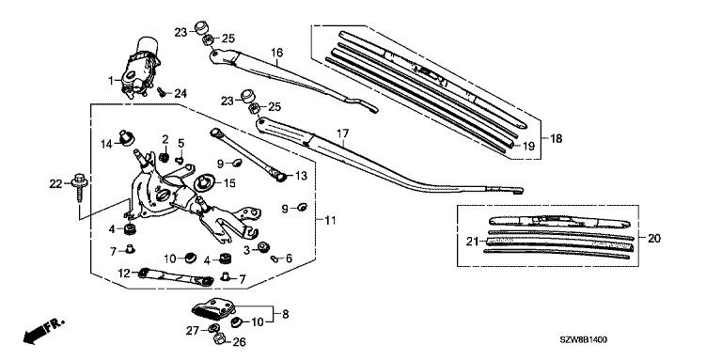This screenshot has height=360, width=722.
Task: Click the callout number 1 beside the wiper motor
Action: [x=111, y=81]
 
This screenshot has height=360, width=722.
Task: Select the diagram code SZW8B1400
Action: [x=583, y=339]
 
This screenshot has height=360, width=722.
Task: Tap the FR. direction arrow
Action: [x=43, y=331]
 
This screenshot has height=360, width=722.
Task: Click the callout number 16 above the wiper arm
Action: [x=276, y=53]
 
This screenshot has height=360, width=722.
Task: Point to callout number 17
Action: [x=342, y=133]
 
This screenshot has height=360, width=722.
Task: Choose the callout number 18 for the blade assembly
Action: [x=557, y=138]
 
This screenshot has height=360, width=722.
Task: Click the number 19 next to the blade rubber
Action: [x=528, y=147]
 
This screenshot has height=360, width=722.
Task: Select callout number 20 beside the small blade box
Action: [x=654, y=239]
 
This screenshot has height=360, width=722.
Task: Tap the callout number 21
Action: [x=473, y=242]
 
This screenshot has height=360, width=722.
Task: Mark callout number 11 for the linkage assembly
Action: [x=330, y=221]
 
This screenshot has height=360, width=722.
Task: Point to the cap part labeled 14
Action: [x=125, y=136]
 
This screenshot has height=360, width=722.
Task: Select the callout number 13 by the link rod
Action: [x=301, y=176]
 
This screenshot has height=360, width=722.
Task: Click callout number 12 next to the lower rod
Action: [x=125, y=273]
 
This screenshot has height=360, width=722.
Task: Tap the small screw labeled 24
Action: [x=162, y=91]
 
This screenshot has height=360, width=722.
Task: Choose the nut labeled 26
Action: [x=219, y=339]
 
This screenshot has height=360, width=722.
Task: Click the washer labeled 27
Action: [x=213, y=328]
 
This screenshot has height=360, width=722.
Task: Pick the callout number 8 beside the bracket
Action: [x=286, y=315]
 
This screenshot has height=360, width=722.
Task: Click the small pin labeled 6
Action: [x=275, y=258]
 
